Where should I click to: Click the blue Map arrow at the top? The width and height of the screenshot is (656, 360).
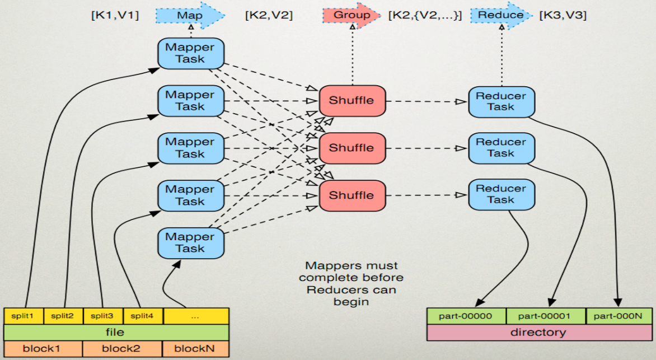coord(190,16)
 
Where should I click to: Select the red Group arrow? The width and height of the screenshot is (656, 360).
coord(352,15)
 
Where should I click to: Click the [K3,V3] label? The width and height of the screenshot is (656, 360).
coord(563,16)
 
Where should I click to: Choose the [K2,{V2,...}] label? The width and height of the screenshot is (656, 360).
coord(425,16)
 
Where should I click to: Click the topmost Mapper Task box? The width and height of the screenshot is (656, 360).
coord(190,53)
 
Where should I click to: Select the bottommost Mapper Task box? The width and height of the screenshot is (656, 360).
coord(190,242)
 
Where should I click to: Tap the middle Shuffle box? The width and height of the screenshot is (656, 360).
coord(352,148)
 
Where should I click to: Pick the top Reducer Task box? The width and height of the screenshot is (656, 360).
coord(501,101)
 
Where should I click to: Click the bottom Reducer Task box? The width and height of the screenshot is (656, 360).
coord(501,194)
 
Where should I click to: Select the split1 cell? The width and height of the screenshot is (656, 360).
coord(24,316)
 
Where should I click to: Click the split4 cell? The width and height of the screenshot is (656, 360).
coord(143,316)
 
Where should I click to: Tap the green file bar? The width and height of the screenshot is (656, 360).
coord(116,333)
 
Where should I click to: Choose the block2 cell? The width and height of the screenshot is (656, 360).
coord(122,349)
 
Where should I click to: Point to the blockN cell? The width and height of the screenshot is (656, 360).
coord(195,349)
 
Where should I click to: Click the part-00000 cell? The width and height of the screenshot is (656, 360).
coord(466,316)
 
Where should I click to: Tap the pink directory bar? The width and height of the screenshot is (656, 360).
coord(538,333)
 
